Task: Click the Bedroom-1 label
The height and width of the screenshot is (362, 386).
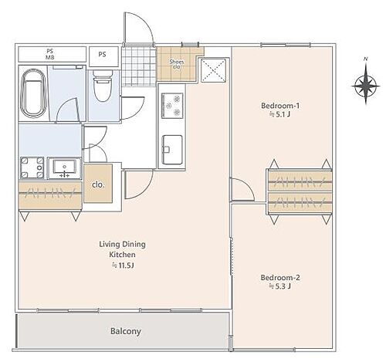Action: click(x=280, y=106)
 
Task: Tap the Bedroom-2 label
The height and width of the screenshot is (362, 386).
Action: click(x=280, y=278)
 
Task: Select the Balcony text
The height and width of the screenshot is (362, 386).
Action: click(x=126, y=331)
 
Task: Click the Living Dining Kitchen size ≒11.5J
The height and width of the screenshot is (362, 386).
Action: click(x=123, y=266)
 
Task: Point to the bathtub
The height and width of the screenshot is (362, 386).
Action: click(x=33, y=93)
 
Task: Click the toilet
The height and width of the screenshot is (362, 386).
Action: click(x=103, y=86)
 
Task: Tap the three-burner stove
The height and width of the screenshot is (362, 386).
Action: click(x=172, y=106)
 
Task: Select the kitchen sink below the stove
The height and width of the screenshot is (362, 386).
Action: click(x=172, y=150)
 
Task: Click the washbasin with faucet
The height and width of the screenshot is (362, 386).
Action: click(x=65, y=168)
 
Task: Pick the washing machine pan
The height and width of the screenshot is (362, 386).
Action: click(x=32, y=167)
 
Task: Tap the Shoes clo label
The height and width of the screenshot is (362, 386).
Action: click(x=177, y=64)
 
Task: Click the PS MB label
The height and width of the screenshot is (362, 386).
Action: click(x=50, y=55)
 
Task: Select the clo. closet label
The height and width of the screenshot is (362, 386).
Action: click(x=98, y=184)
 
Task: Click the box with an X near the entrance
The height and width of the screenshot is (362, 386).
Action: click(x=213, y=70)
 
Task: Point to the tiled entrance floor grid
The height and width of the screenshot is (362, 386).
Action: click(x=139, y=66)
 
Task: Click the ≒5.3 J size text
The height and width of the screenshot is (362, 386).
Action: click(x=280, y=286)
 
